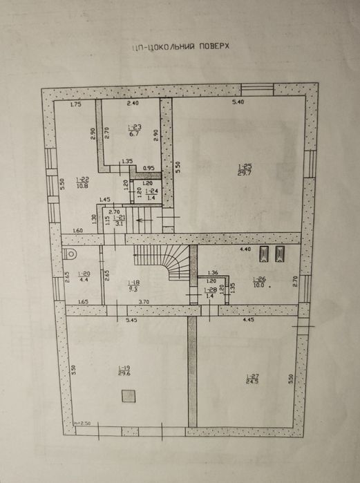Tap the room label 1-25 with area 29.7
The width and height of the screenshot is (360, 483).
click(x=245, y=169)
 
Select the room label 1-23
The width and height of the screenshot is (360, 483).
click(x=135, y=130)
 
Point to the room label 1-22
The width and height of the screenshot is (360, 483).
click(x=82, y=182)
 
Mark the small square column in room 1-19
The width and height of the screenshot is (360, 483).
click(x=128, y=396)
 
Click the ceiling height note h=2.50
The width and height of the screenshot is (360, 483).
click(x=83, y=422)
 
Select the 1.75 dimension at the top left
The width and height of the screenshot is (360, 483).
click(x=76, y=104)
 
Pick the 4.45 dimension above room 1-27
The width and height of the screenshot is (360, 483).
click(x=249, y=320)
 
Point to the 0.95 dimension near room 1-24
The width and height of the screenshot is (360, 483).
click(x=149, y=168)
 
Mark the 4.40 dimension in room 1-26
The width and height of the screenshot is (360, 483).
click(x=245, y=248)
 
